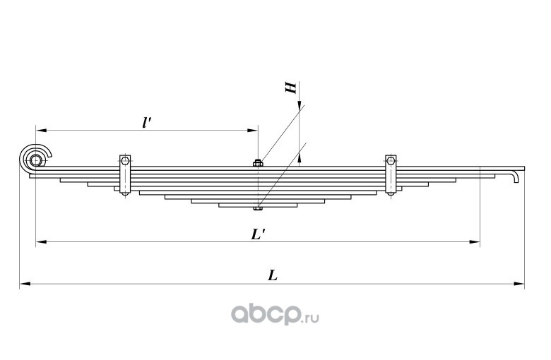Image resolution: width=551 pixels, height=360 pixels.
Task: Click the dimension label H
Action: [x=290, y=88]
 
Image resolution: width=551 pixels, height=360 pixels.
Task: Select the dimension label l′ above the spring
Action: [x=146, y=121]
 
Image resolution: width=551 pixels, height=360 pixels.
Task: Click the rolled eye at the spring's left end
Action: [x=36, y=160]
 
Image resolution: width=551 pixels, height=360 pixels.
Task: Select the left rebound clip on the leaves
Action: [x=124, y=176]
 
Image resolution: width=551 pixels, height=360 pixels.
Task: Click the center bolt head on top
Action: [x=258, y=164]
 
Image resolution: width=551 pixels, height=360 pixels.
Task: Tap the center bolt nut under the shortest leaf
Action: [x=258, y=208]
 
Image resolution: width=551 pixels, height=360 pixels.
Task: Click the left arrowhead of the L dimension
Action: [x=24, y=284]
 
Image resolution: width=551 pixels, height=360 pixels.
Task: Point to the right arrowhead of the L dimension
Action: [x=521, y=284]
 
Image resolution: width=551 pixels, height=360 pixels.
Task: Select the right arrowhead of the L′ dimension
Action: [x=475, y=242]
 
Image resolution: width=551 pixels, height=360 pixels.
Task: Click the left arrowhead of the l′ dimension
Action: [x=40, y=131]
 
